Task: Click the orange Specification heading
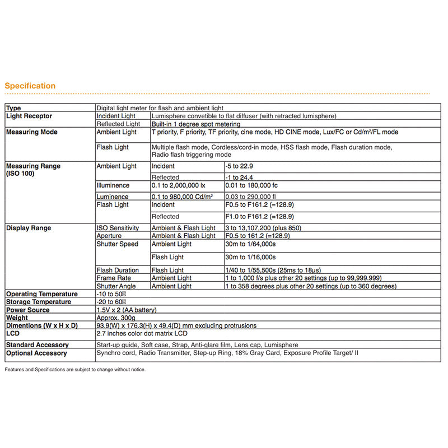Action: pyautogui.click(x=30, y=86)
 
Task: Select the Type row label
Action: pyautogui.click(x=13, y=108)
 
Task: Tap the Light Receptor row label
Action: pyautogui.click(x=29, y=116)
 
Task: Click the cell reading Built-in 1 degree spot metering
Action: pyautogui.click(x=196, y=124)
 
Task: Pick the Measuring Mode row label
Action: pyautogui.click(x=31, y=132)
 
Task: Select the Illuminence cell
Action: pyautogui.click(x=113, y=185)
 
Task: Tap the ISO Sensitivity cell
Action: pyautogui.click(x=118, y=228)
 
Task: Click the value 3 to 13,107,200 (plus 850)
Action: pyautogui.click(x=270, y=228)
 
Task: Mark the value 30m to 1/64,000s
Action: pyautogui.click(x=250, y=244)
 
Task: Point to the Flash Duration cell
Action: pyautogui.click(x=118, y=270)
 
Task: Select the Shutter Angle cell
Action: pyautogui.click(x=115, y=286)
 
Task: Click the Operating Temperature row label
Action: pyautogui.click(x=41, y=294)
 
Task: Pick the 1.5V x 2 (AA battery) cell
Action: pyautogui.click(x=127, y=310)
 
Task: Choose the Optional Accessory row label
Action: pyautogui.click(x=36, y=353)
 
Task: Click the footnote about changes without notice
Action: pyautogui.click(x=75, y=370)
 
